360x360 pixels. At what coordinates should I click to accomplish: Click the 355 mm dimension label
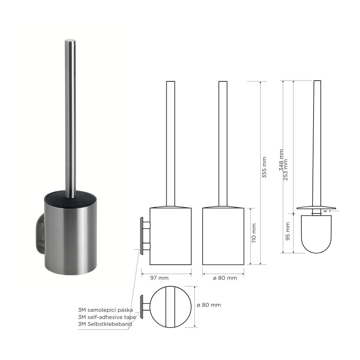pos(264,167)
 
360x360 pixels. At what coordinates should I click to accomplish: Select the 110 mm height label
pos(254,233)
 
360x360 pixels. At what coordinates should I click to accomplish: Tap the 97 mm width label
pos(159,278)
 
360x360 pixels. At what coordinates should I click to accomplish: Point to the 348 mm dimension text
pos(281,160)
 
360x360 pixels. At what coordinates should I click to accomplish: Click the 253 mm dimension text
pos(285,170)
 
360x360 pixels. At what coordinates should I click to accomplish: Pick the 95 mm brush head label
pos(288,231)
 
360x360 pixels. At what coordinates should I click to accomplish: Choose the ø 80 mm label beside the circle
pos(209,305)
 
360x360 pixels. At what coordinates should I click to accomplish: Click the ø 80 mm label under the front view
pos(225,278)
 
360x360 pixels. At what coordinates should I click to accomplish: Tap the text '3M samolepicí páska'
pos(105,310)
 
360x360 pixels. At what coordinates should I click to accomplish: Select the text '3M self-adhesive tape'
pos(107,317)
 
